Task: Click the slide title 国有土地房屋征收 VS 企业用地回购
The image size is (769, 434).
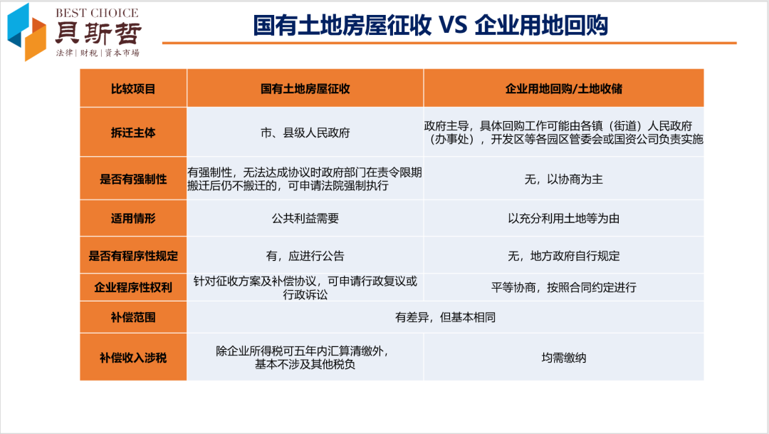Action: point(430,25)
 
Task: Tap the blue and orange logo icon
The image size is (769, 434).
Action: point(26,32)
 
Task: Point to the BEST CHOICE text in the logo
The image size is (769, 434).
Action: point(97,13)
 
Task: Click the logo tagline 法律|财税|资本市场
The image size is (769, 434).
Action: point(98,53)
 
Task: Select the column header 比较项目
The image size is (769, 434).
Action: point(133,89)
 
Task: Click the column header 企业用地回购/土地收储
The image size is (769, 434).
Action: point(563,89)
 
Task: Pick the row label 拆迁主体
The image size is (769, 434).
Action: point(133,133)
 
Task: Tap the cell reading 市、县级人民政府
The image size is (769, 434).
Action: point(305,133)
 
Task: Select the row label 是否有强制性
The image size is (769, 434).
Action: point(133,179)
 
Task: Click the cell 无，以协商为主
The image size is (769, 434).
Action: point(563,179)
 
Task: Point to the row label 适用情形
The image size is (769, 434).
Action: point(133,219)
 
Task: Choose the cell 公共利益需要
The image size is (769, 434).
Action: point(305,219)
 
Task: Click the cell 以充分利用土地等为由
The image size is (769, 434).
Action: point(563,219)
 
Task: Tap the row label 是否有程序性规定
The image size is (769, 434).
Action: point(133,256)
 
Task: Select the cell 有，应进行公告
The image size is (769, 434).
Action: point(305,256)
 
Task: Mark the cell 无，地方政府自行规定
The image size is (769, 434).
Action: point(563,256)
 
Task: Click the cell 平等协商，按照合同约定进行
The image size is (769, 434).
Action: point(563,287)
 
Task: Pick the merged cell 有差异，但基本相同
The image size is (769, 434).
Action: point(445,317)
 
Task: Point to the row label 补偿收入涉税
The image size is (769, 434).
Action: point(133,358)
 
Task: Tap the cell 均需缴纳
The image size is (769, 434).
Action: point(563,358)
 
